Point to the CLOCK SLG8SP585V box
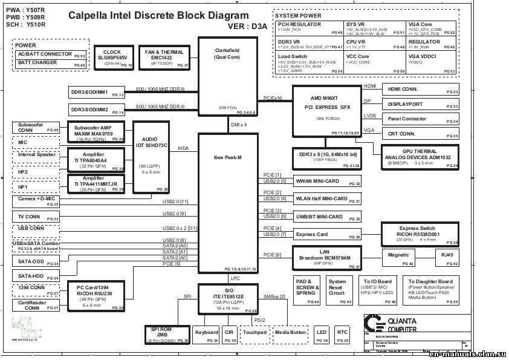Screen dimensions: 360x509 [x=112, y=57]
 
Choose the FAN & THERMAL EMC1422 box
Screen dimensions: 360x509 [x=164, y=57]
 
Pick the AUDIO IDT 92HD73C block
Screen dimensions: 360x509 [x=150, y=156]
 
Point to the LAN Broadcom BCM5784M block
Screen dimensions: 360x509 [x=326, y=257]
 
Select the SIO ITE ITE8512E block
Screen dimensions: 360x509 [x=227, y=298]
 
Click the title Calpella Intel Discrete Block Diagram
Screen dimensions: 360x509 [x=158, y=16]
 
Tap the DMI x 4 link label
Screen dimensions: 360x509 [x=239, y=125]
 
